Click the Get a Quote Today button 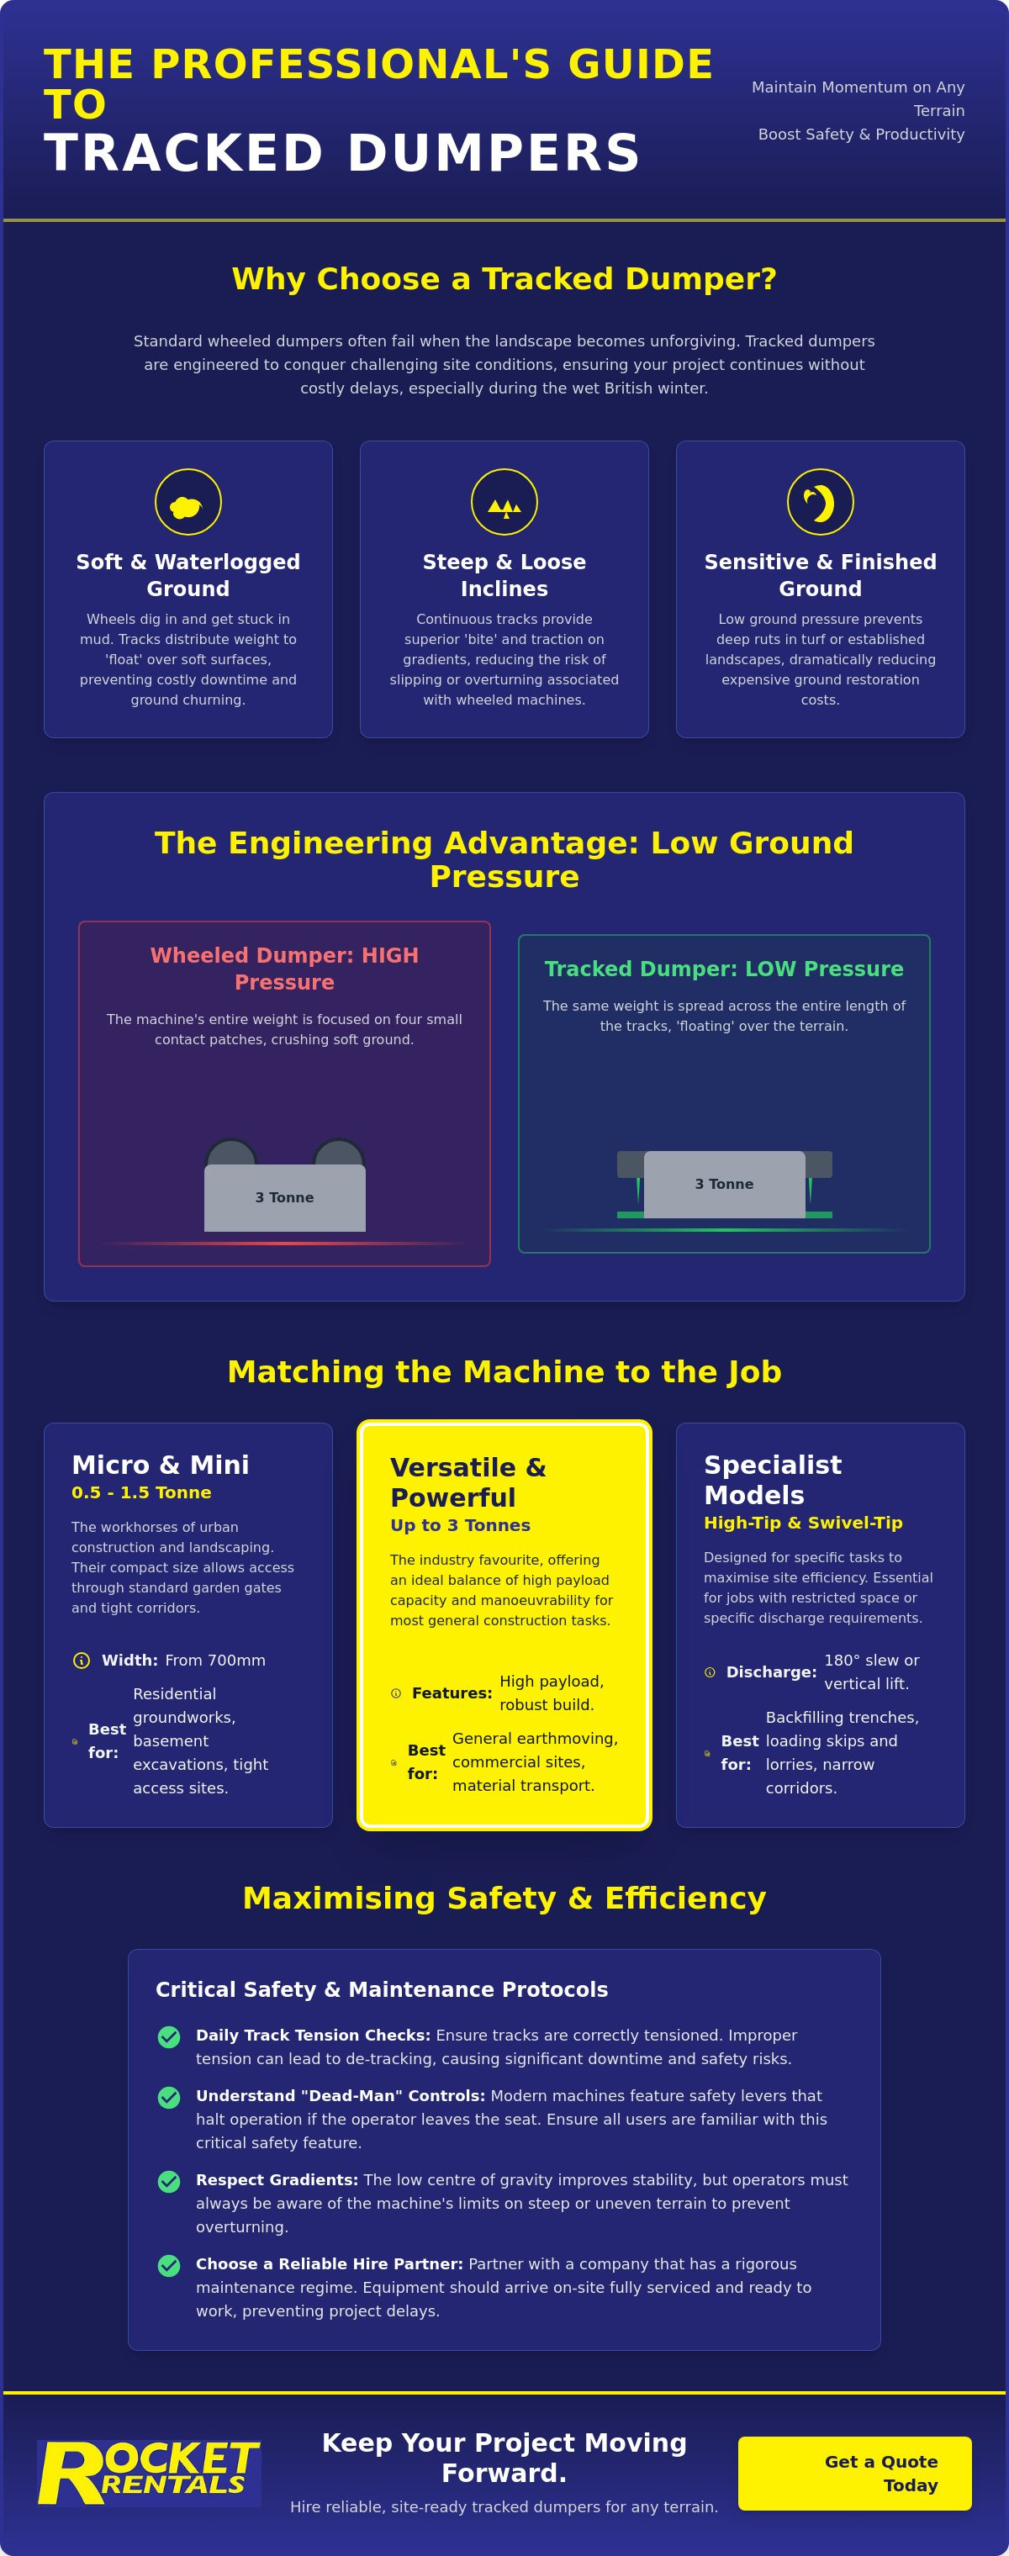[x=854, y=2473]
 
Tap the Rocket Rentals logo [x=149, y=2473]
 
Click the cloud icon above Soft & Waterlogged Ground [x=187, y=507]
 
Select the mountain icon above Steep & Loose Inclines [x=504, y=508]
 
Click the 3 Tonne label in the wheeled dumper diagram [x=285, y=1197]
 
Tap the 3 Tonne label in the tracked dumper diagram [x=724, y=1184]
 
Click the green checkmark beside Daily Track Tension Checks [x=169, y=2037]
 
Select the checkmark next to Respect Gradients [x=169, y=2181]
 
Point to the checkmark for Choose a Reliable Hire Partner [x=169, y=2265]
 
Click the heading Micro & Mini [x=160, y=1465]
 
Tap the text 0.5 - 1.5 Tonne [x=141, y=1492]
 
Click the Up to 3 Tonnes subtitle [x=460, y=1525]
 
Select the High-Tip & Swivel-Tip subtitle [x=804, y=1522]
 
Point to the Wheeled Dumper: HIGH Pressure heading [x=285, y=969]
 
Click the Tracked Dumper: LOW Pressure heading [x=724, y=969]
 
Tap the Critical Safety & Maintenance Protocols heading [x=382, y=1989]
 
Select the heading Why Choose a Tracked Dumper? [x=504, y=279]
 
